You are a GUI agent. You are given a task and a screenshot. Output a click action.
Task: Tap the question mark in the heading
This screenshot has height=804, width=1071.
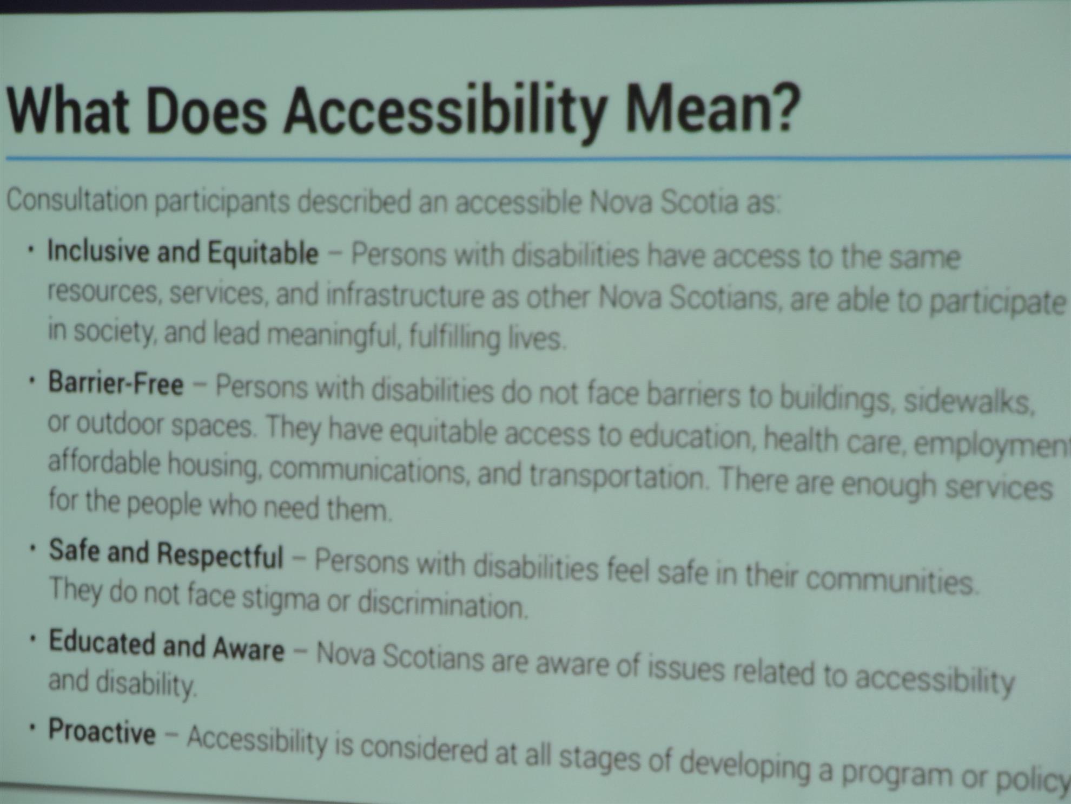point(783,108)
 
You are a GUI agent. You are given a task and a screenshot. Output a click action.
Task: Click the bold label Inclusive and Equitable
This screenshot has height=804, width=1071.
point(183,253)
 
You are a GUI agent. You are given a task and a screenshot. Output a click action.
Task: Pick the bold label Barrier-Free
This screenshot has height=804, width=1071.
point(116,383)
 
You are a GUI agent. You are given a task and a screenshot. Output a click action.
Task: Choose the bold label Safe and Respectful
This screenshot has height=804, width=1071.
point(166,554)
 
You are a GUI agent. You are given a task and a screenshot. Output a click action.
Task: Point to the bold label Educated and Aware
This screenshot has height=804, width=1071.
point(166,645)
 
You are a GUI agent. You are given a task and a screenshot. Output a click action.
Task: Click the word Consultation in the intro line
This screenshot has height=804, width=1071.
point(77,200)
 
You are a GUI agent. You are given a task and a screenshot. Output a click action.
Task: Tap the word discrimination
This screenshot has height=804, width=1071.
point(442,604)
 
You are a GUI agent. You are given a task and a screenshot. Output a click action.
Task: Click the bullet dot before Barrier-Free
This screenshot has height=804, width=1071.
point(33,381)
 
